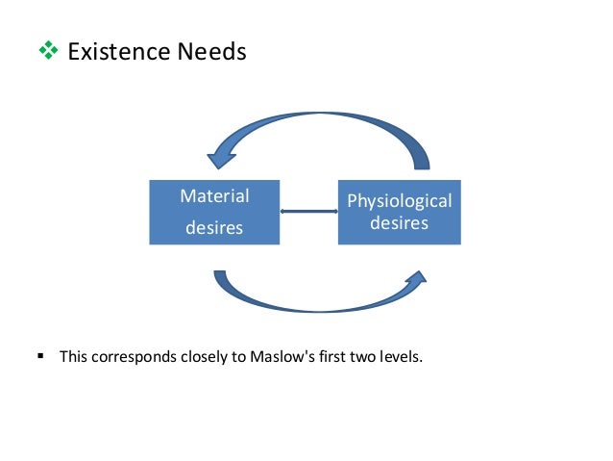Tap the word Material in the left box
tap(214, 196)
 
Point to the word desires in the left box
tap(214, 229)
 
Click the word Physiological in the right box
tap(399, 201)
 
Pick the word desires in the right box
tap(399, 223)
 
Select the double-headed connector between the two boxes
tap(308, 212)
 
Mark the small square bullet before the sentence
tap(40, 356)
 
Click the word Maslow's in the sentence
tap(280, 357)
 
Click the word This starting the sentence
tap(74, 357)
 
